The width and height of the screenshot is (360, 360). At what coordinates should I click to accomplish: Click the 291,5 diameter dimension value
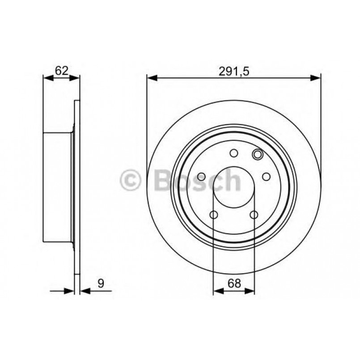[233, 70]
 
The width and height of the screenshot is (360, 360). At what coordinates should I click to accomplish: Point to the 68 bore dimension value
[233, 283]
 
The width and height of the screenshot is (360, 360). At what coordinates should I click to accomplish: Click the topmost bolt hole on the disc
[233, 153]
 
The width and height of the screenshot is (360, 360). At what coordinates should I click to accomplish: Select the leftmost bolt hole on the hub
[201, 177]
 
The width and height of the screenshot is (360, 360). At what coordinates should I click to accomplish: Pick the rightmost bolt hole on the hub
[266, 177]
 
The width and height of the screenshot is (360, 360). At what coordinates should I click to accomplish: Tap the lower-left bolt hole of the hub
[214, 216]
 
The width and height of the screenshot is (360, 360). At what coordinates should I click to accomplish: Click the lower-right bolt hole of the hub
[254, 216]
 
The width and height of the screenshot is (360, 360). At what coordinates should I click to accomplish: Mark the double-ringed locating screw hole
[257, 155]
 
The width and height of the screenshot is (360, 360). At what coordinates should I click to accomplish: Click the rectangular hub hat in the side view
[57, 187]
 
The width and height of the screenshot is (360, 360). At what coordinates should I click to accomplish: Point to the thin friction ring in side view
[77, 188]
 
